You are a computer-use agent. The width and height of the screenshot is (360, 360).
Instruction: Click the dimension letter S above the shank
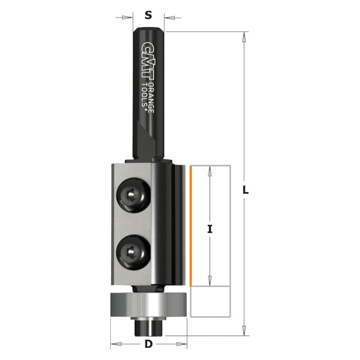pos(148,15)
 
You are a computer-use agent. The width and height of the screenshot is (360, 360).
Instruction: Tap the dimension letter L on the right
pos(246,190)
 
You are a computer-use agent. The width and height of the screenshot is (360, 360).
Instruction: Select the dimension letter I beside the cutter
pos(210,229)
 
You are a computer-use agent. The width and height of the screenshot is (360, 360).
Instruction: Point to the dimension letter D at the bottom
pos(148,344)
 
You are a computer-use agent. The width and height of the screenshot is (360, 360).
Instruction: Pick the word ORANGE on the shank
pos(151,98)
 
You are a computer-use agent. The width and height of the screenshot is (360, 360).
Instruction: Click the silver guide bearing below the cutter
pos(149,305)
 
